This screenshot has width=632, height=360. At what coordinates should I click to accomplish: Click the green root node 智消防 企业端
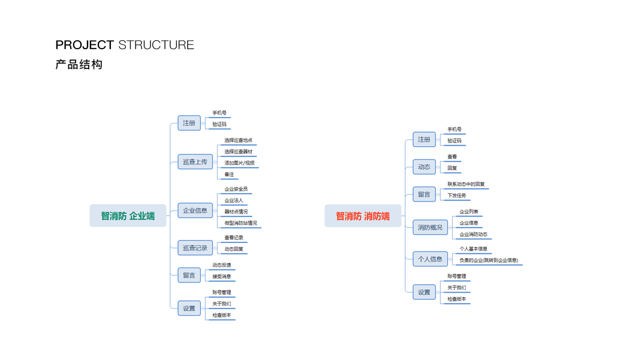[128, 216]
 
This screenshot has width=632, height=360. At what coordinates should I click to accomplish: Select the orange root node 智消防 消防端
[363, 216]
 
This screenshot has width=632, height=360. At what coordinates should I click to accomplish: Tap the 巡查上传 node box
[195, 161]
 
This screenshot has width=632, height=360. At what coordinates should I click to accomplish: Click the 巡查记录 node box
[195, 248]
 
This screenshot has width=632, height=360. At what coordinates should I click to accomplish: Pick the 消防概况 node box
[430, 227]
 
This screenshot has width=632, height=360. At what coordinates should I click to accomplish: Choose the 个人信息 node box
[430, 259]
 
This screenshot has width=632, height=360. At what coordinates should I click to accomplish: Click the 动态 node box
[424, 167]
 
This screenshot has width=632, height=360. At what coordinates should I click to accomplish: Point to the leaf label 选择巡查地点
[238, 140]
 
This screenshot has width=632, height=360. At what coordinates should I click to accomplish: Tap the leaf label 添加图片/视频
[239, 163]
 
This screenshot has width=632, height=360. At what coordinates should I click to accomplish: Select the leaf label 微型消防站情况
[240, 223]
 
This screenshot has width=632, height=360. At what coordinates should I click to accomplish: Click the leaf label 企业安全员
[236, 190]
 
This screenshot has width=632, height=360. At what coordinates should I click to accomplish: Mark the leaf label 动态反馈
[221, 265]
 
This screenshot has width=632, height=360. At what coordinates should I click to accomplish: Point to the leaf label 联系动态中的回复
[466, 184]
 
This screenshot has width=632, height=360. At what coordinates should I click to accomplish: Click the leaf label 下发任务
[456, 196]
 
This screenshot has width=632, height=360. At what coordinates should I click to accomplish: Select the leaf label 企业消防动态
[473, 235]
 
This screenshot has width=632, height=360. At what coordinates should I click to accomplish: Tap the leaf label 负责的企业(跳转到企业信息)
[489, 260]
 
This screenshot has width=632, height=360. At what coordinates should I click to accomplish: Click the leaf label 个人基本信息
[473, 249]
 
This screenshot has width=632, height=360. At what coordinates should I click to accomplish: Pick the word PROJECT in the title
[85, 45]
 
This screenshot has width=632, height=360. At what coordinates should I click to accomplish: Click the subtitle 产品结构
[79, 64]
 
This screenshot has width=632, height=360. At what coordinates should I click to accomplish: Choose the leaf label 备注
[229, 175]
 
